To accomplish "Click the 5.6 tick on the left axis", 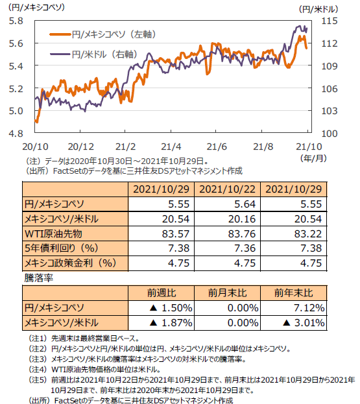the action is point(16,43).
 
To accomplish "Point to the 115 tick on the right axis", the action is point(329,21).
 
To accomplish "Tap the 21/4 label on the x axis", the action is point(171,147).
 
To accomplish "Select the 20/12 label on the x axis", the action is point(80,147).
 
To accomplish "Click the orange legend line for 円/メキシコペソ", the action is point(60,34).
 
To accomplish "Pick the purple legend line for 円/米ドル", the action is point(60,54).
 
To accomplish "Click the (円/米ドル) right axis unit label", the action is point(318,10).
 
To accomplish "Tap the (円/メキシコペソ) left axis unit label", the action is point(36,7).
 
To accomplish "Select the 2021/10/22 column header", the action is point(227,189).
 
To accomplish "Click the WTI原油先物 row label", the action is point(53,234).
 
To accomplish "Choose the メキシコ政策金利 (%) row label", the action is point(70,263).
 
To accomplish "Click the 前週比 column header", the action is point(162,293).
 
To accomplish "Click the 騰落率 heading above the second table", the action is point(38,278).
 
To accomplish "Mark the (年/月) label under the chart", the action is point(313,158).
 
